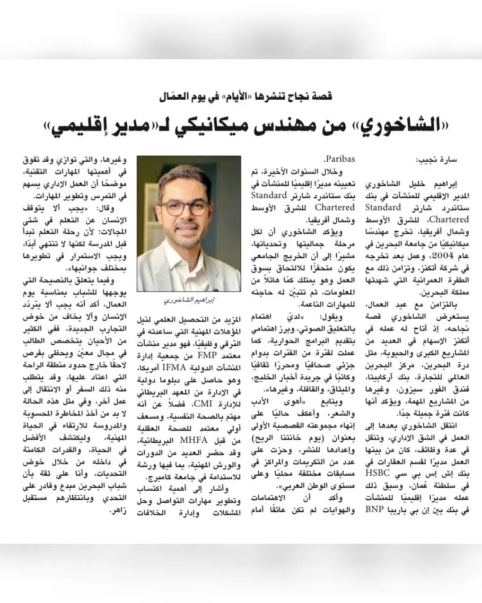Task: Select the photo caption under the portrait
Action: pyautogui.click(x=189, y=301)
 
